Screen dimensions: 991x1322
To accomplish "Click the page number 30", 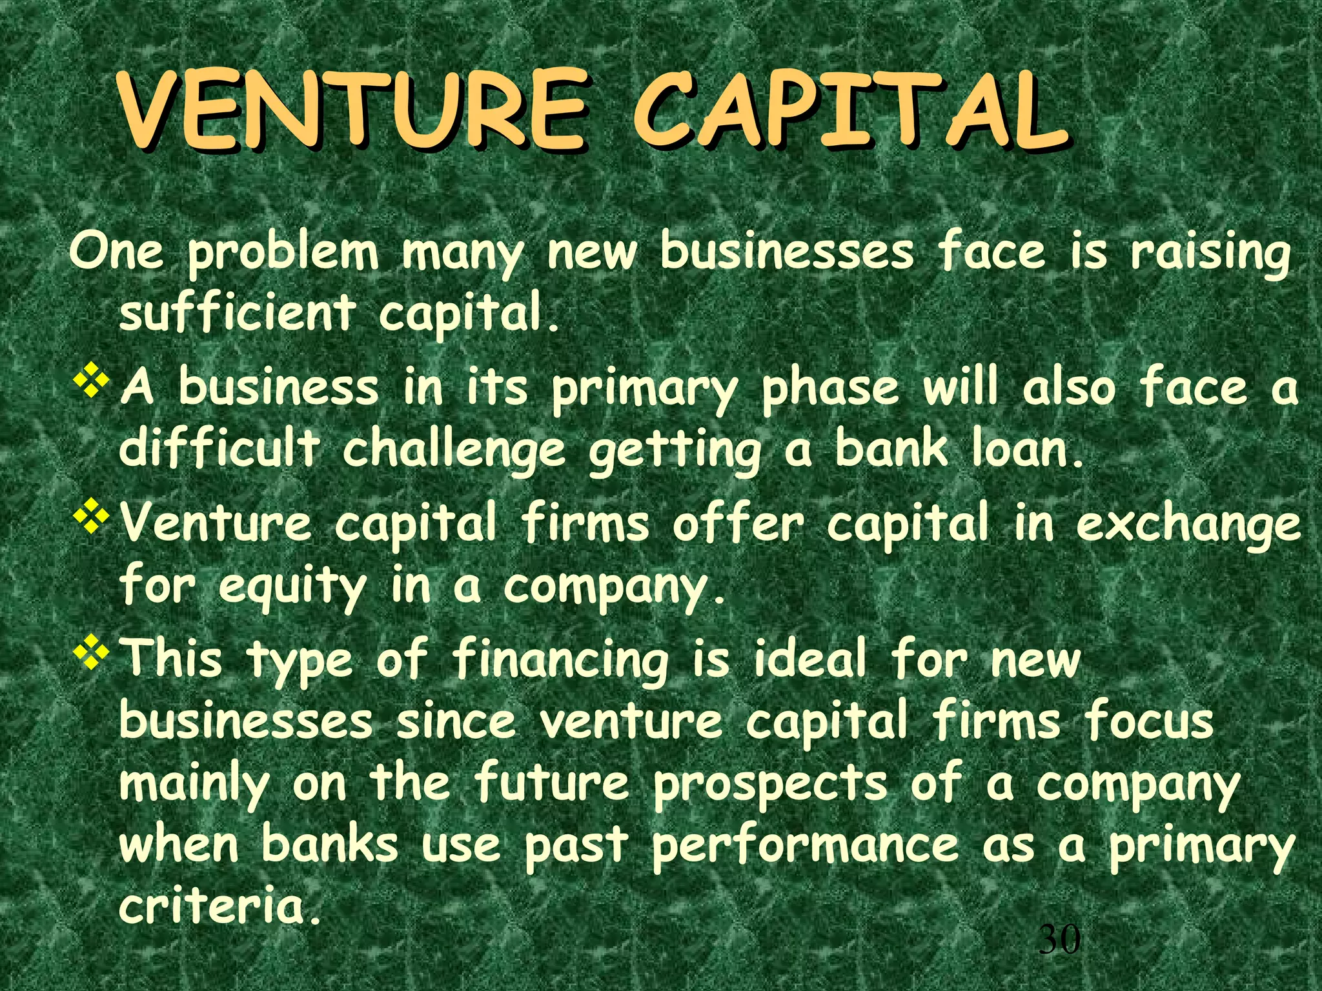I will (1059, 939).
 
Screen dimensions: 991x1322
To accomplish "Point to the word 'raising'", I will (1210, 254).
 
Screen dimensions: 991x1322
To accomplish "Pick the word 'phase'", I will (829, 389).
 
